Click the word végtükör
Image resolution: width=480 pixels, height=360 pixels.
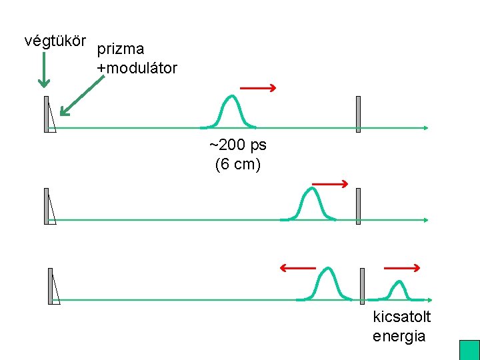[x=57, y=41]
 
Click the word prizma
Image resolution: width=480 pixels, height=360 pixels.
[x=121, y=49]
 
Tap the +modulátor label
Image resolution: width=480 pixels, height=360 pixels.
[x=137, y=68]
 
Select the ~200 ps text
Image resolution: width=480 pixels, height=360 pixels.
[x=237, y=145]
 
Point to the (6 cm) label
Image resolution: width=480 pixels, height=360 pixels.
[x=237, y=164]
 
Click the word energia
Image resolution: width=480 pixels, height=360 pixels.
[x=399, y=335]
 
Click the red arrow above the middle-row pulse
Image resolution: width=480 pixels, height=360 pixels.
[x=330, y=183]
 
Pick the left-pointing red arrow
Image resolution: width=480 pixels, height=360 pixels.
[x=297, y=268]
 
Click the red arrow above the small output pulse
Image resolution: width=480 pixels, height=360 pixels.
[x=402, y=268]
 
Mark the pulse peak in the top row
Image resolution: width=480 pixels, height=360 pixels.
[x=231, y=99]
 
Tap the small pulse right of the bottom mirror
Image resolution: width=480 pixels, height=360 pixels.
[x=399, y=289]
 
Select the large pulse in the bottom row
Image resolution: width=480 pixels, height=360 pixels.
[x=327, y=283]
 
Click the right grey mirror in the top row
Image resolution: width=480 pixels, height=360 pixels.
[x=358, y=114]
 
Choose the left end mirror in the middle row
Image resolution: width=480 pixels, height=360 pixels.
[x=46, y=206]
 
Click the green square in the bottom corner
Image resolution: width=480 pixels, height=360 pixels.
[x=469, y=350]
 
